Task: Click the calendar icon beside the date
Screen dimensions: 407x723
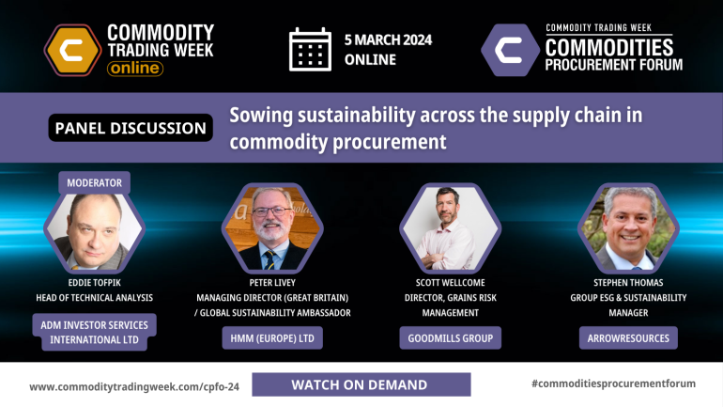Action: click(310, 49)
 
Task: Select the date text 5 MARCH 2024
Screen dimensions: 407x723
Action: click(389, 39)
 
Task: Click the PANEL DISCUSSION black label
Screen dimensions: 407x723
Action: click(131, 128)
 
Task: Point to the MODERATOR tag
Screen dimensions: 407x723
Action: click(95, 182)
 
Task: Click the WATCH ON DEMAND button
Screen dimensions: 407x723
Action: click(359, 384)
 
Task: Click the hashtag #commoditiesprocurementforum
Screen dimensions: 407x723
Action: click(611, 384)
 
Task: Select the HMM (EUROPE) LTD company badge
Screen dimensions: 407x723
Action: click(271, 338)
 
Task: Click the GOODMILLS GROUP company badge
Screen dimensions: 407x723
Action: click(450, 338)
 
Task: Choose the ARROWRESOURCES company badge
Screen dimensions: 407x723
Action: click(628, 338)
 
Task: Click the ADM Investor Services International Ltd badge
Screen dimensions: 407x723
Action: click(93, 332)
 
